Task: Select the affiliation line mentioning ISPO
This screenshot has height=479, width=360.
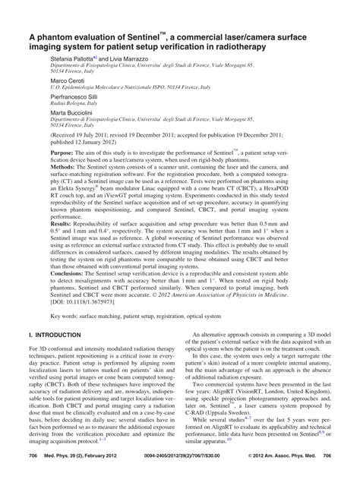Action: coord(114,88)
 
